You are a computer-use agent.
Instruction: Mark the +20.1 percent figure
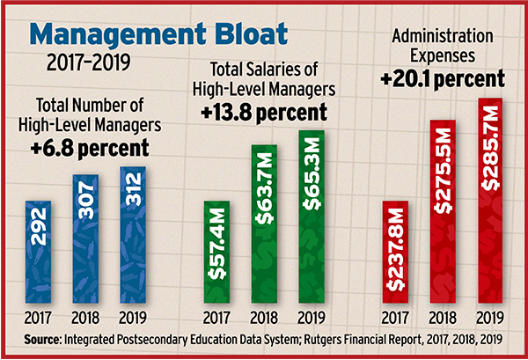pos(443,78)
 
